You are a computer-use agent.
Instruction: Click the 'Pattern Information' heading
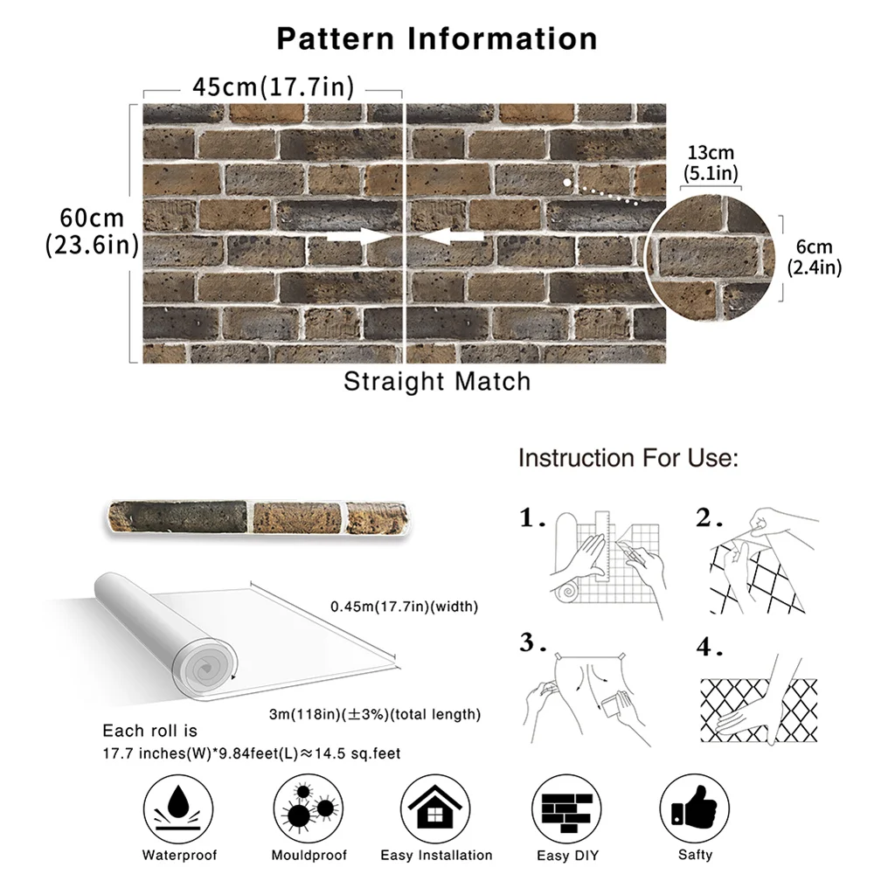tap(437, 39)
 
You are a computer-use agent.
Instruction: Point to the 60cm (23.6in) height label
tap(93, 232)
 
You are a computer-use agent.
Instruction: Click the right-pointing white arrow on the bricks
tap(357, 237)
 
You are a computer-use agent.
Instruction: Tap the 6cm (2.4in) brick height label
tap(814, 257)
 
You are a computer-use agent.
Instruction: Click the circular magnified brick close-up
tap(710, 258)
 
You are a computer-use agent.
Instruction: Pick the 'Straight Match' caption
tap(437, 382)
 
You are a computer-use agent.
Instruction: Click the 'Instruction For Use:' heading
tap(628, 458)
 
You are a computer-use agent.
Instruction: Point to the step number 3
tap(528, 644)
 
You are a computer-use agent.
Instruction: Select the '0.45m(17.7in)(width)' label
tap(404, 607)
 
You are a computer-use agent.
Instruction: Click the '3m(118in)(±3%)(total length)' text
tap(375, 714)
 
